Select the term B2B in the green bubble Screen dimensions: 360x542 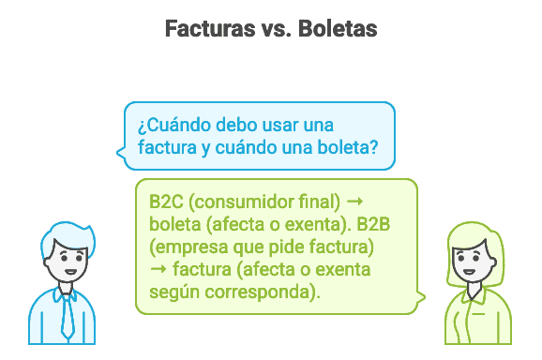point(375,224)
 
